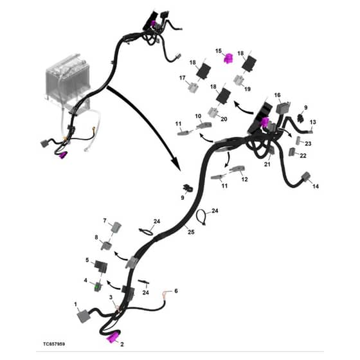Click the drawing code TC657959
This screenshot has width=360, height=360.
coord(54,344)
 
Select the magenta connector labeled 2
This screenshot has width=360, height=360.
coord(113,338)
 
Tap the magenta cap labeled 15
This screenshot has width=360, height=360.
coord(228,59)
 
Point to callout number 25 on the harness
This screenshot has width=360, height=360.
coord(191,232)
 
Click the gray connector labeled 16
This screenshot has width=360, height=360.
coord(283,108)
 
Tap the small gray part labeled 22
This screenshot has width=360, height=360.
coord(292,152)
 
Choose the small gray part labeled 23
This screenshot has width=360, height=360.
coord(300,140)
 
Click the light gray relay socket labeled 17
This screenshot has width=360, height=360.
coord(193,87)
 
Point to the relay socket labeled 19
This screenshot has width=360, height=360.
coord(239,80)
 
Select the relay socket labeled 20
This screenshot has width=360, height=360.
coord(213,112)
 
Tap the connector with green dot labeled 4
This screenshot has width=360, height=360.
coord(98,286)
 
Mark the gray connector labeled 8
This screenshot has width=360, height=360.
coord(106,246)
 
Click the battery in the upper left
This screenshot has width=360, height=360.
coord(67,78)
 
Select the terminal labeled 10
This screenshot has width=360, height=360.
coord(204,125)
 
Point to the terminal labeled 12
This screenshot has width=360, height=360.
coord(237,169)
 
